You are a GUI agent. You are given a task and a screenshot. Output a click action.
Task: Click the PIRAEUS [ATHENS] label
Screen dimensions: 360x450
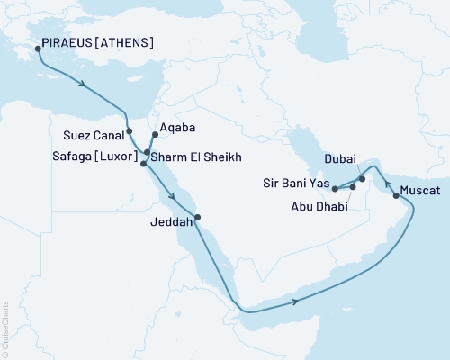tap(94, 42)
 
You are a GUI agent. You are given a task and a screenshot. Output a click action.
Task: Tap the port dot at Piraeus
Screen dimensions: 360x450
tap(38, 50)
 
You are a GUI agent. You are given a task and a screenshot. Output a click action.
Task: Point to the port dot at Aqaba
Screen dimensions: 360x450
tap(155, 135)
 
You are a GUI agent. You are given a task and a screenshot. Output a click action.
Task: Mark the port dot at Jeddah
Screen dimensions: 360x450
tap(197, 217)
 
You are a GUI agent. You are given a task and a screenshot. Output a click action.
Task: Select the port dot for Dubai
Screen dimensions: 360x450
tap(363, 179)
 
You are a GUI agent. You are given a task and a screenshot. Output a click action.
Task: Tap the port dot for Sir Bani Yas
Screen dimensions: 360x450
tap(334, 189)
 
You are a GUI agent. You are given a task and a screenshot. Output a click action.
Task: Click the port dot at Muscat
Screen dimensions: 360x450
tap(396, 194)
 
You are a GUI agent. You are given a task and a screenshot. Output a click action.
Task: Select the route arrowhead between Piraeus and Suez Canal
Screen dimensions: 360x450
tap(84, 85)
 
